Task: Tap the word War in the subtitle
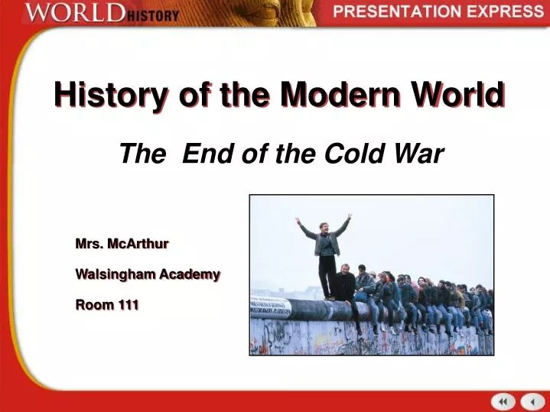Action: (x=420, y=154)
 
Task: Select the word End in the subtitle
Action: (x=203, y=154)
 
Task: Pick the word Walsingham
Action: (x=116, y=274)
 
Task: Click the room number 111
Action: (x=128, y=305)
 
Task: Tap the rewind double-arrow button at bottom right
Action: (x=503, y=401)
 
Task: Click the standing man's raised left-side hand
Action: (x=298, y=222)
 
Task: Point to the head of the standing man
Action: (x=326, y=227)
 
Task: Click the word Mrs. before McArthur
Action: (x=89, y=244)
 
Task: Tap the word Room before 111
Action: (x=93, y=305)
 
